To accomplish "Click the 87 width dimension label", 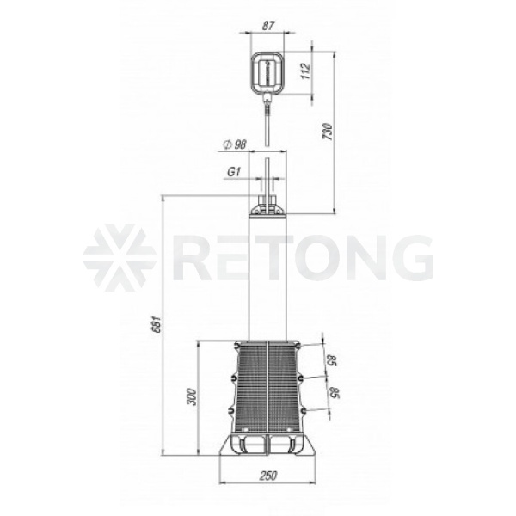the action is (x=268, y=26).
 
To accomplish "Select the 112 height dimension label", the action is (x=306, y=71).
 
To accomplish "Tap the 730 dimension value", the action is (x=329, y=132).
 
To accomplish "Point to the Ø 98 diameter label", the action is (x=235, y=144).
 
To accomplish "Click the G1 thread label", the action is (x=234, y=172).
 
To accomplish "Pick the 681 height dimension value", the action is (x=157, y=324).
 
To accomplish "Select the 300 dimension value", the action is (x=192, y=396).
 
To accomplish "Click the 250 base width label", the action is (x=268, y=476).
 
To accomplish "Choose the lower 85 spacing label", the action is (x=335, y=393).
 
